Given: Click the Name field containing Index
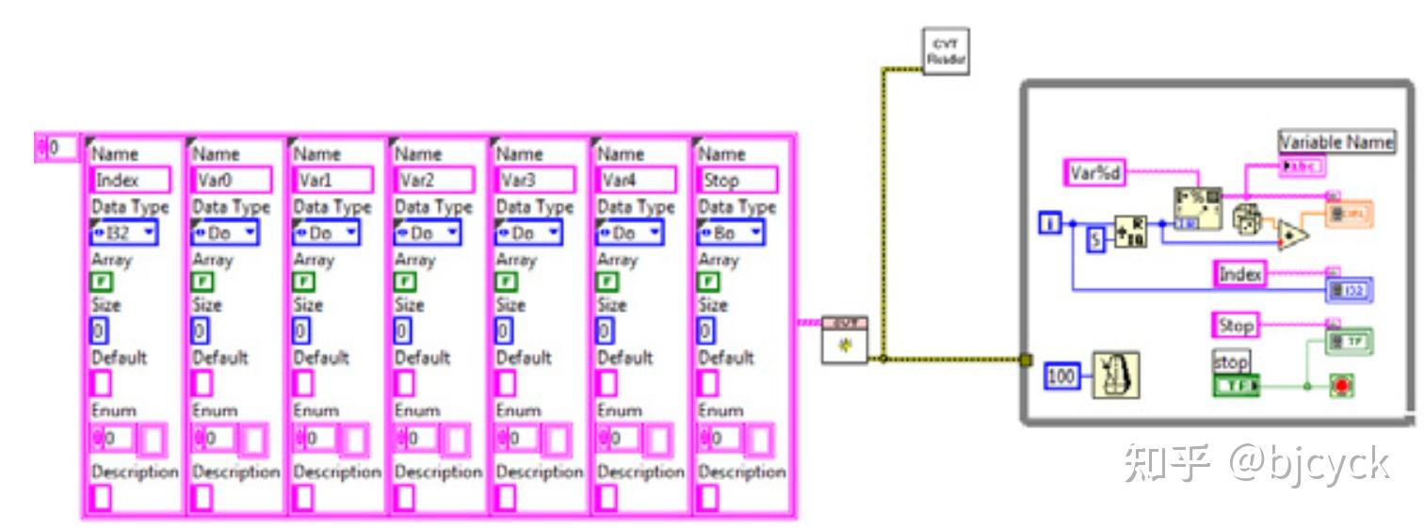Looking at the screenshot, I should point(130,180).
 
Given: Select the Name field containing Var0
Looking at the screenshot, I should point(231,180).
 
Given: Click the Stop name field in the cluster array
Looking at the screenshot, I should point(737,180).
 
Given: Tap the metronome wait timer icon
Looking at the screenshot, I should point(1115,375).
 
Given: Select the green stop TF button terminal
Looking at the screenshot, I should point(1236,386).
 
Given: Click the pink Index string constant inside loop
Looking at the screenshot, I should point(1239,274).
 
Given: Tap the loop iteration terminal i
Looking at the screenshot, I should point(1050,223).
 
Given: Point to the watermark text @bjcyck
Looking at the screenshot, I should point(1309,463).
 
